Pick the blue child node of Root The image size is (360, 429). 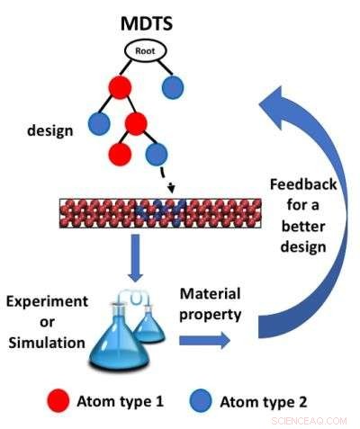point(174,88)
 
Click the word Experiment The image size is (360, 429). point(52,302)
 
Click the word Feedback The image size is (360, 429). point(302,184)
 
